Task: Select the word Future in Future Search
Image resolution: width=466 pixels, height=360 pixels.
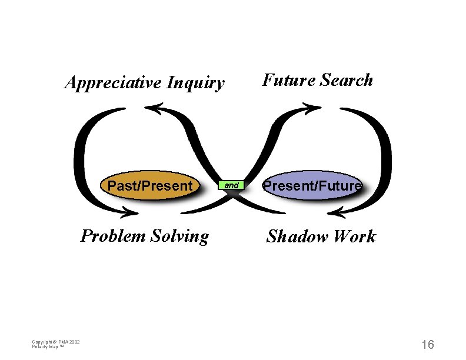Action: click(x=281, y=80)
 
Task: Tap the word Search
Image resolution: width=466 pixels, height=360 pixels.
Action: click(x=346, y=80)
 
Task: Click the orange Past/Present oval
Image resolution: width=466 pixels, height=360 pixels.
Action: click(x=150, y=186)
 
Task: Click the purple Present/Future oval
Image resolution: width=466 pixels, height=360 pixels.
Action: click(x=312, y=186)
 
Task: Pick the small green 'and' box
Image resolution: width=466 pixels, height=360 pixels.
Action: click(x=232, y=186)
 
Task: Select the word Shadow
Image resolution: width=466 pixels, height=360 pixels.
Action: click(x=295, y=236)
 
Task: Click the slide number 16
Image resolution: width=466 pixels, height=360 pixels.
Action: click(x=427, y=344)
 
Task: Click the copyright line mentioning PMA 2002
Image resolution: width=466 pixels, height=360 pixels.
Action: click(x=56, y=342)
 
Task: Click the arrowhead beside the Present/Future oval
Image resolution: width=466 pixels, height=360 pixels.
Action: click(x=340, y=210)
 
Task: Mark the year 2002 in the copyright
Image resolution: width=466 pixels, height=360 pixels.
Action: click(x=75, y=342)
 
